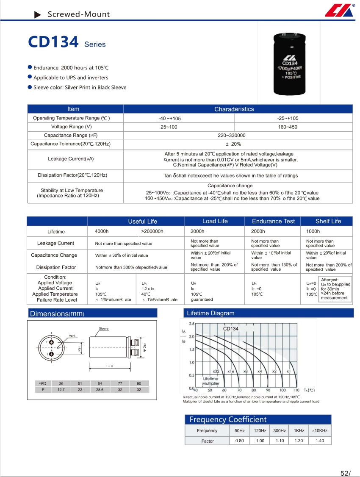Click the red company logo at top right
click(x=339, y=11)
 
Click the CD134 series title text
click(x=53, y=42)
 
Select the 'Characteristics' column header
click(x=234, y=109)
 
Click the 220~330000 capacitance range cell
click(x=232, y=136)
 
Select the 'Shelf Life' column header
click(x=328, y=221)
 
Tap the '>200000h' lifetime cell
click(x=152, y=232)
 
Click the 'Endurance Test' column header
click(x=273, y=221)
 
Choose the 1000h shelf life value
click(x=313, y=232)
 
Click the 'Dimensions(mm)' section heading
click(x=57, y=313)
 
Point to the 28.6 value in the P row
click(x=100, y=389)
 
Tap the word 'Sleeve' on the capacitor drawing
click(x=103, y=328)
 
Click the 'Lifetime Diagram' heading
click(x=210, y=313)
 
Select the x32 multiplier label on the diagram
click(x=216, y=371)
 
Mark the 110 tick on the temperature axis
click(x=296, y=390)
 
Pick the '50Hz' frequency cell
click(x=240, y=430)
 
